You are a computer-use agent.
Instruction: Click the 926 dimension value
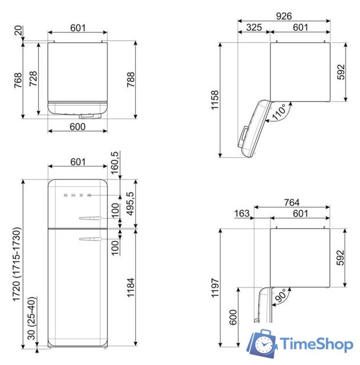coord(285,17)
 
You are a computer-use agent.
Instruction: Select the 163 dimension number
coord(242,213)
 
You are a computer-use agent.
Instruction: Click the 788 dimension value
coord(145,80)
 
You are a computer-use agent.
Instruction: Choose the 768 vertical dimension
coord(18,80)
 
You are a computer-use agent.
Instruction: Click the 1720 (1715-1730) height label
coord(18,265)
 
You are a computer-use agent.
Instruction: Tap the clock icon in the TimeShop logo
coord(264,344)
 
